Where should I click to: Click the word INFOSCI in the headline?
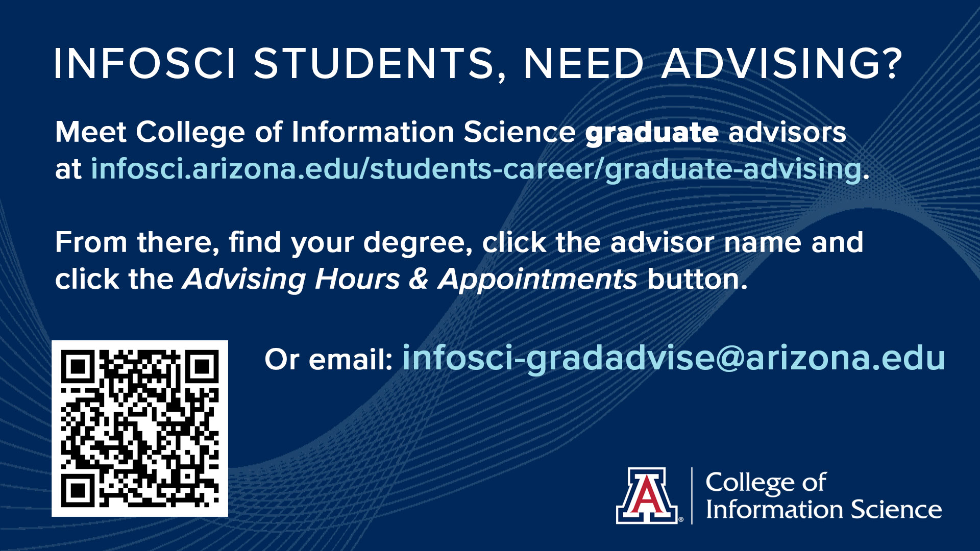tap(145, 64)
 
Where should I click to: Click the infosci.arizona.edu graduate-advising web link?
tap(476, 169)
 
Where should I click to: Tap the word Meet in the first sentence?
tap(90, 132)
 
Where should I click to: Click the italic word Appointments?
tap(537, 280)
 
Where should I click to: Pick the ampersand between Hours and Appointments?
tap(419, 280)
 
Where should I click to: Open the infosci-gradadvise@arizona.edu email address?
tap(674, 359)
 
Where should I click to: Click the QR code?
tap(140, 428)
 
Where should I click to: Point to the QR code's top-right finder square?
tap(202, 366)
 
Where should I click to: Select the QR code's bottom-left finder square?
tap(78, 490)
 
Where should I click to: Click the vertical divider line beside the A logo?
tap(692, 495)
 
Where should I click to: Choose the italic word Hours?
tap(357, 280)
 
